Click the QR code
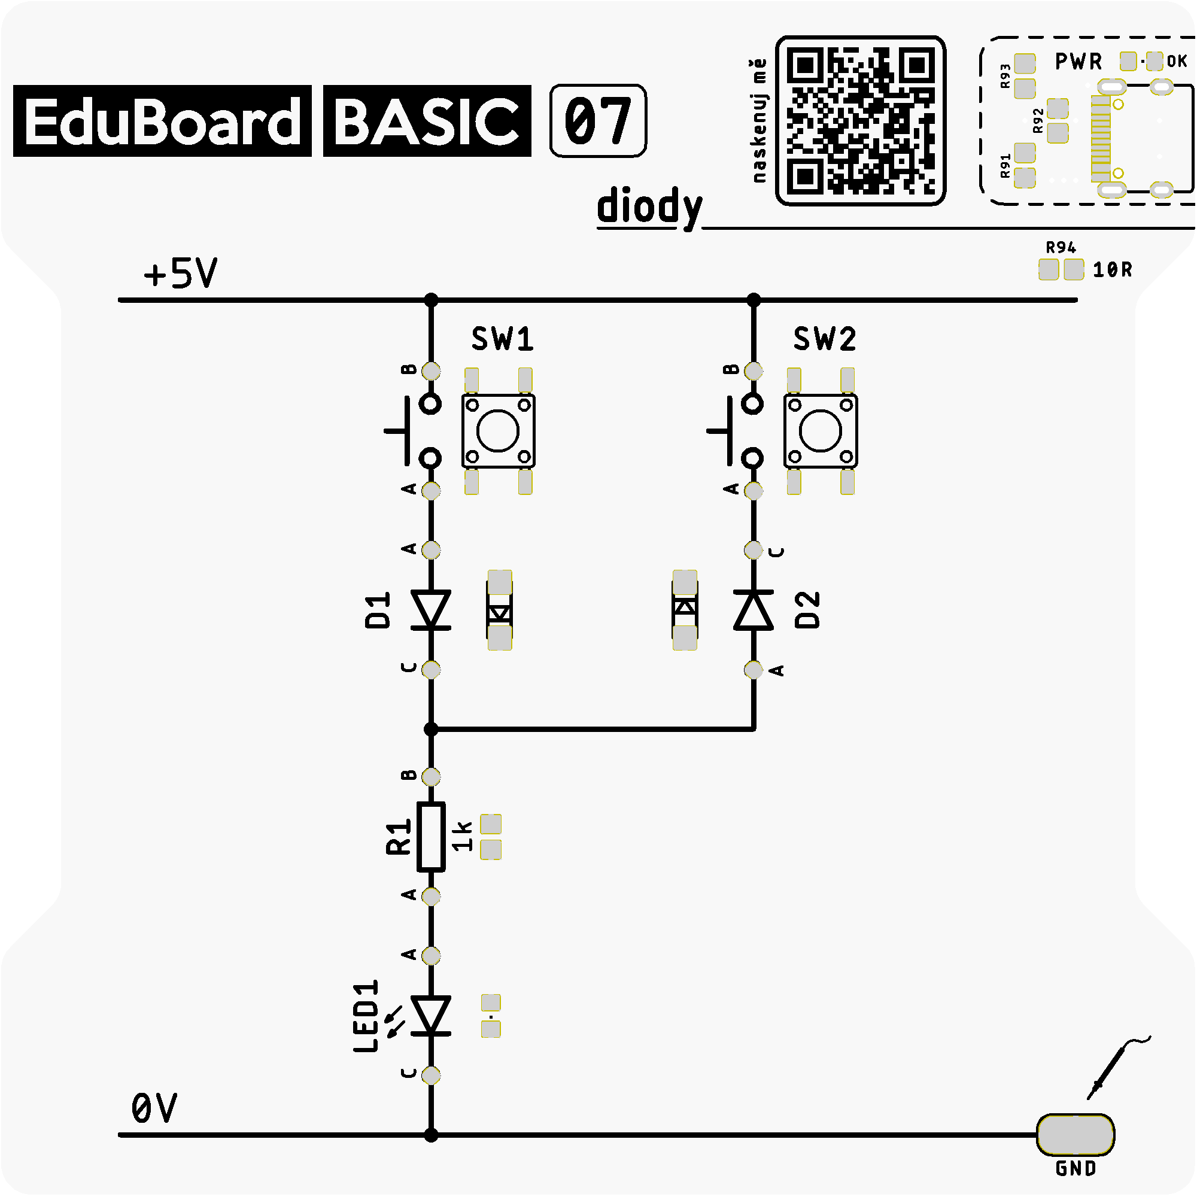[x=861, y=120]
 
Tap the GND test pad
[x=1076, y=1135]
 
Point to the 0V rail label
[x=154, y=1108]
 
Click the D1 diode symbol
[x=431, y=610]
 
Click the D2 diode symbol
[x=754, y=610]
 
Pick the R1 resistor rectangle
[x=431, y=837]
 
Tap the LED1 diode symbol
[x=431, y=1016]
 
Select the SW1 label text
[x=503, y=339]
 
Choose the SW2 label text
[x=825, y=339]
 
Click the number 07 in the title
[x=598, y=121]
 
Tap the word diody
[x=649, y=207]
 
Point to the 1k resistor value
[x=462, y=837]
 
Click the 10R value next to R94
[x=1112, y=269]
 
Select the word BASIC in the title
[x=427, y=121]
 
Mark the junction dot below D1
[x=431, y=729]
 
